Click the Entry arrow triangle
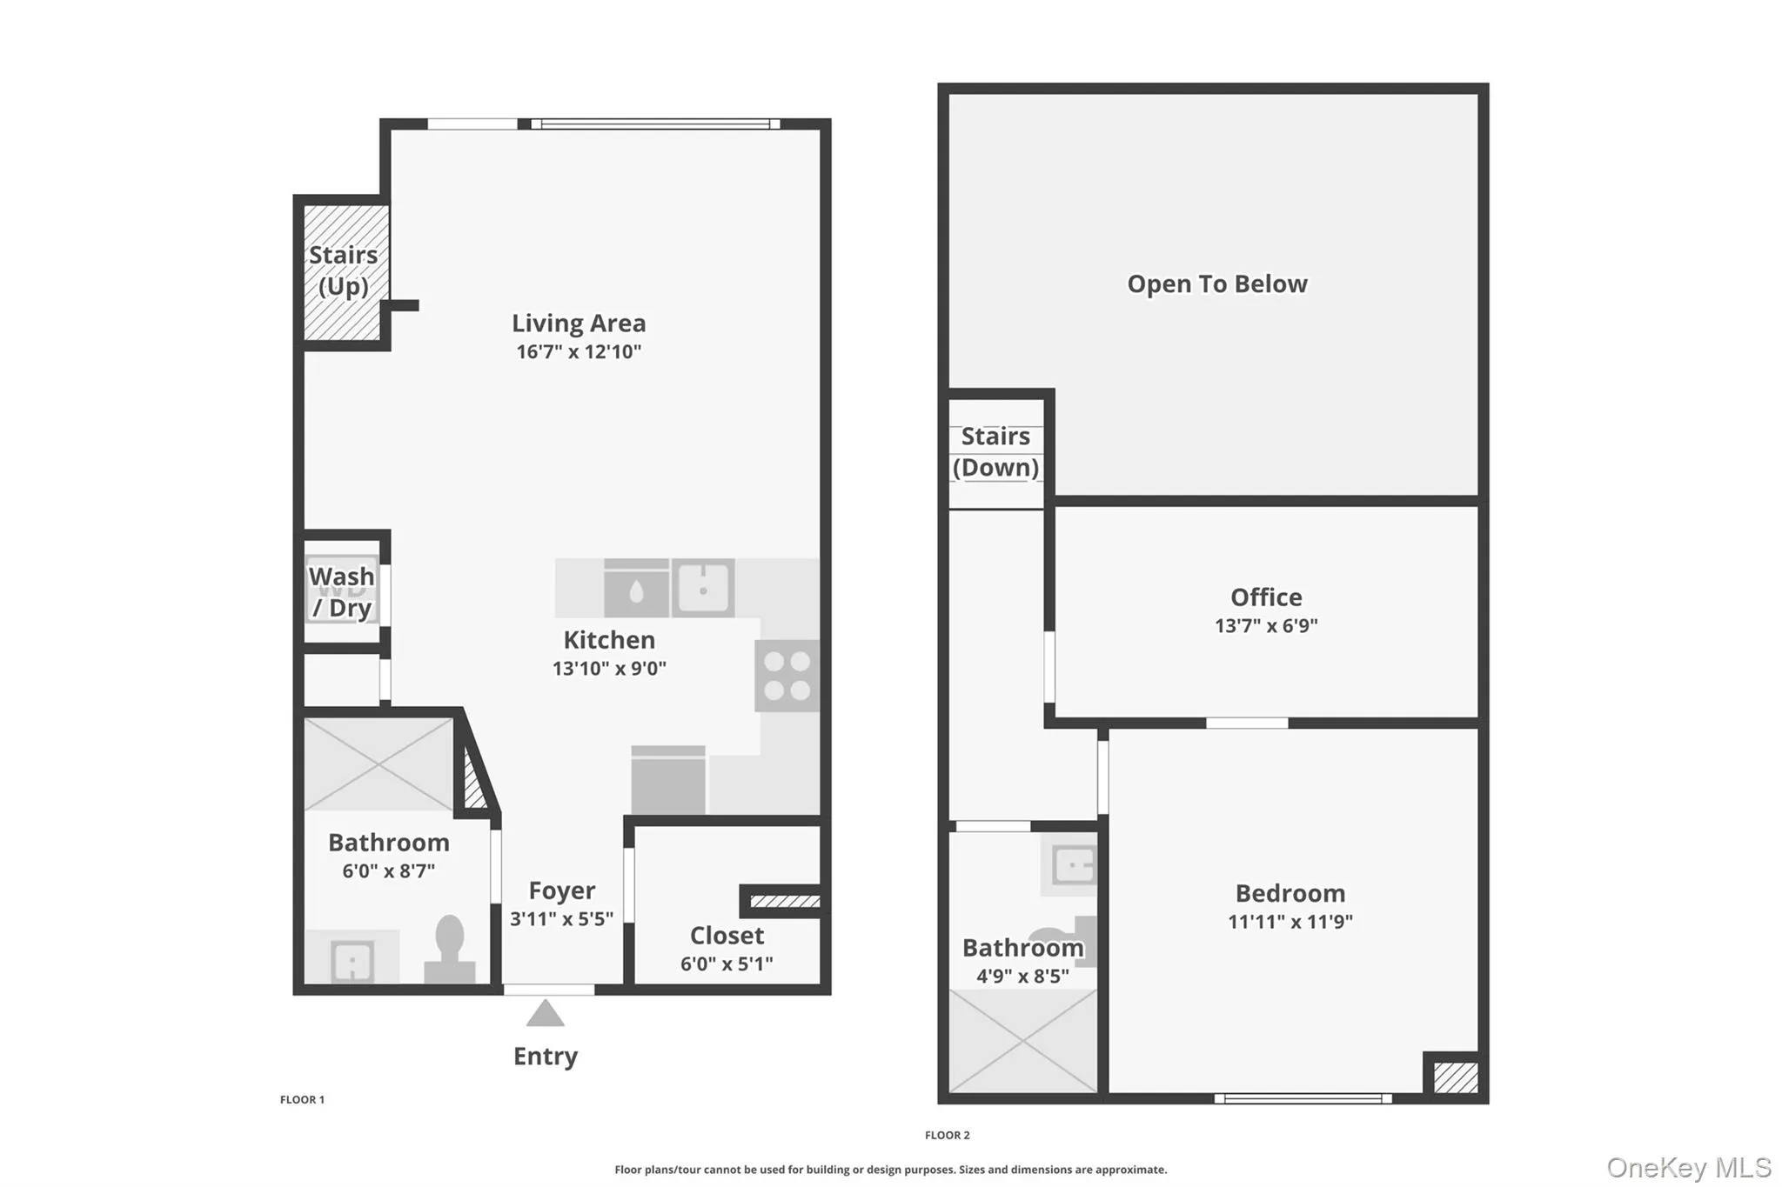(546, 1014)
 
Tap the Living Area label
(579, 323)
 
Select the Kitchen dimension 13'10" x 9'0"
(609, 669)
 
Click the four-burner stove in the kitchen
(787, 676)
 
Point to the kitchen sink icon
(703, 589)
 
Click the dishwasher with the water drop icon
(636, 590)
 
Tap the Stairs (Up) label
(343, 270)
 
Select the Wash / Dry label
(342, 592)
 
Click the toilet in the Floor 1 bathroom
(450, 948)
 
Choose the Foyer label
(562, 890)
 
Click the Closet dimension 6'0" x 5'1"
(727, 964)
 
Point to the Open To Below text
(1216, 284)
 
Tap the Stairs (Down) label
(995, 452)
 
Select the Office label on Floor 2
(1266, 597)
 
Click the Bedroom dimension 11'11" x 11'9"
(1290, 922)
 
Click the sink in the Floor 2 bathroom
(1072, 865)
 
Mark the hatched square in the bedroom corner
(1455, 1077)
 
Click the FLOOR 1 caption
(302, 1100)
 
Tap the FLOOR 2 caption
(947, 1135)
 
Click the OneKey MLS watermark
(1688, 1167)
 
